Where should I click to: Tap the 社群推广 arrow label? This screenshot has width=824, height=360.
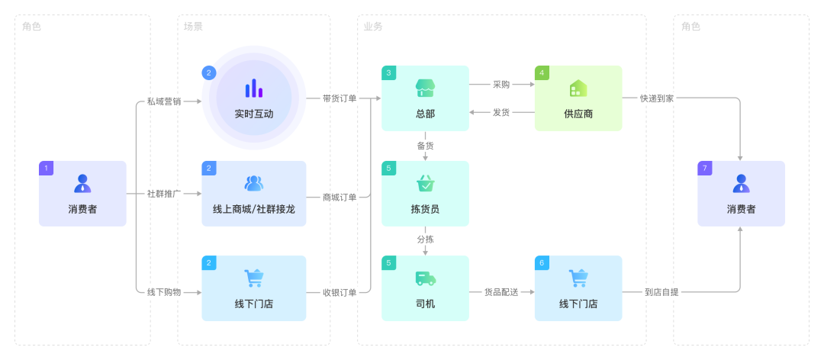click(x=164, y=194)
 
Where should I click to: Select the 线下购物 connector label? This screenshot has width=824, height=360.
click(x=164, y=291)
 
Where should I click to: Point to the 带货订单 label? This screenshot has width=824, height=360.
click(x=340, y=98)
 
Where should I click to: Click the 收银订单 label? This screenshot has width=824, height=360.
click(x=340, y=291)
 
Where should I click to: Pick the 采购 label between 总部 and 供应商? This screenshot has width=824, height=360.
click(x=501, y=85)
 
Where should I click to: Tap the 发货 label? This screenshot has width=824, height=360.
click(x=501, y=112)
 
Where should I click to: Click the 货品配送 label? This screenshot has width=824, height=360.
click(x=501, y=291)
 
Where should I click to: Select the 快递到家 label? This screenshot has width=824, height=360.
click(x=657, y=98)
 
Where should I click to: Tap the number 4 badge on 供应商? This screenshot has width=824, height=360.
click(x=542, y=73)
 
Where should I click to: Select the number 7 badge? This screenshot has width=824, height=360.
click(x=705, y=168)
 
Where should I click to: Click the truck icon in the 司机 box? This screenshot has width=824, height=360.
click(x=425, y=278)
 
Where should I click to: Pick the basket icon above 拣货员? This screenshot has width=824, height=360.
click(x=425, y=184)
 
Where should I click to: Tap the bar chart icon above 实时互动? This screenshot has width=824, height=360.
click(x=254, y=88)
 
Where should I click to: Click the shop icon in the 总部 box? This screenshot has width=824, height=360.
click(x=425, y=88)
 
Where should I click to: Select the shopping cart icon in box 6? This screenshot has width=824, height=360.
click(x=578, y=278)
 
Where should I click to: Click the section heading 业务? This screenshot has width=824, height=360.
click(x=373, y=27)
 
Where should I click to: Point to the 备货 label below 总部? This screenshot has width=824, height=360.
click(x=425, y=145)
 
